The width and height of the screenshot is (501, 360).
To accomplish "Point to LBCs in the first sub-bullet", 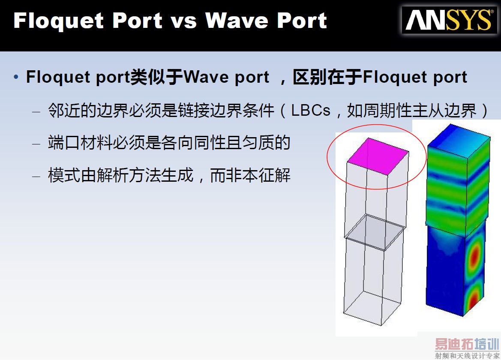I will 311,111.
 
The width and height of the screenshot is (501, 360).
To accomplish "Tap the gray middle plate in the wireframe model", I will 374,232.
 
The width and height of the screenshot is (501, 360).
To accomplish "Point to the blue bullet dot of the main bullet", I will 16,78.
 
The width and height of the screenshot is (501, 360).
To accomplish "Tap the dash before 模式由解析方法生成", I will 36,176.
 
